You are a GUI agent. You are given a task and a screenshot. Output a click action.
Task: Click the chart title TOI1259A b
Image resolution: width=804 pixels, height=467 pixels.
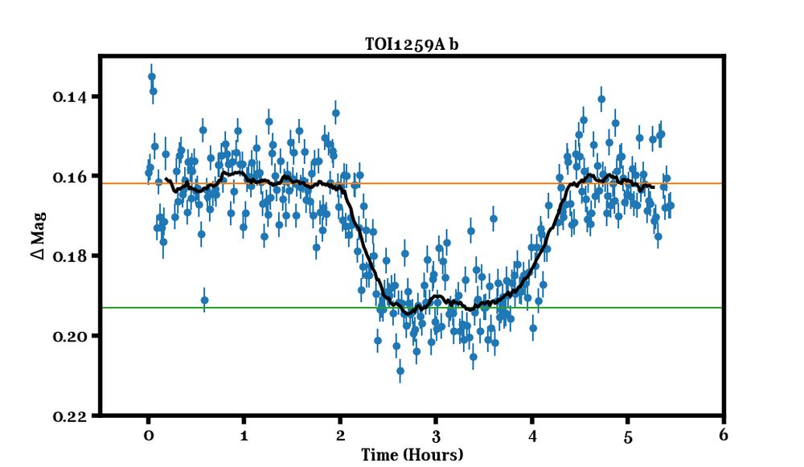tap(412, 45)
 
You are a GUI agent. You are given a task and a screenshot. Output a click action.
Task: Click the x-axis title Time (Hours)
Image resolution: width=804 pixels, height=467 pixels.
tap(412, 455)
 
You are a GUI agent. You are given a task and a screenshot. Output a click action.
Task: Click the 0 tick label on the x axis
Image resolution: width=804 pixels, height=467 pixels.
tap(148, 436)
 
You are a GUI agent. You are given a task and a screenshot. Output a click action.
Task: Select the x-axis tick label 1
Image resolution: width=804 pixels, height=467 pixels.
tap(244, 436)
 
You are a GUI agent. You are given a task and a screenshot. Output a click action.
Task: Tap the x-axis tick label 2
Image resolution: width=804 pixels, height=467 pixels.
tap(340, 436)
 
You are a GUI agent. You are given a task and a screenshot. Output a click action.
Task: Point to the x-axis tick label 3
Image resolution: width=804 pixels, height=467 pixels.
tap(436, 436)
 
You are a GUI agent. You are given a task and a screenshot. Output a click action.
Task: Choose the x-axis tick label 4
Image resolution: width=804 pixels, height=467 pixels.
tap(531, 436)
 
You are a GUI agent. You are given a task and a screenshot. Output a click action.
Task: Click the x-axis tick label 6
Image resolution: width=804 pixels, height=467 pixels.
tap(724, 436)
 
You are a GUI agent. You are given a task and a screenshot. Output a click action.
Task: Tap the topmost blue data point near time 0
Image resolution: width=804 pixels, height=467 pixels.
tap(151, 76)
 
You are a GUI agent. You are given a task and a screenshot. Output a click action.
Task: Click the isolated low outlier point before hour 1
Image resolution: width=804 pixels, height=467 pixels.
tap(204, 301)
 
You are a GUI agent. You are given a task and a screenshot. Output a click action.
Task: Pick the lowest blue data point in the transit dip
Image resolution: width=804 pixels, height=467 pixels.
tap(400, 370)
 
